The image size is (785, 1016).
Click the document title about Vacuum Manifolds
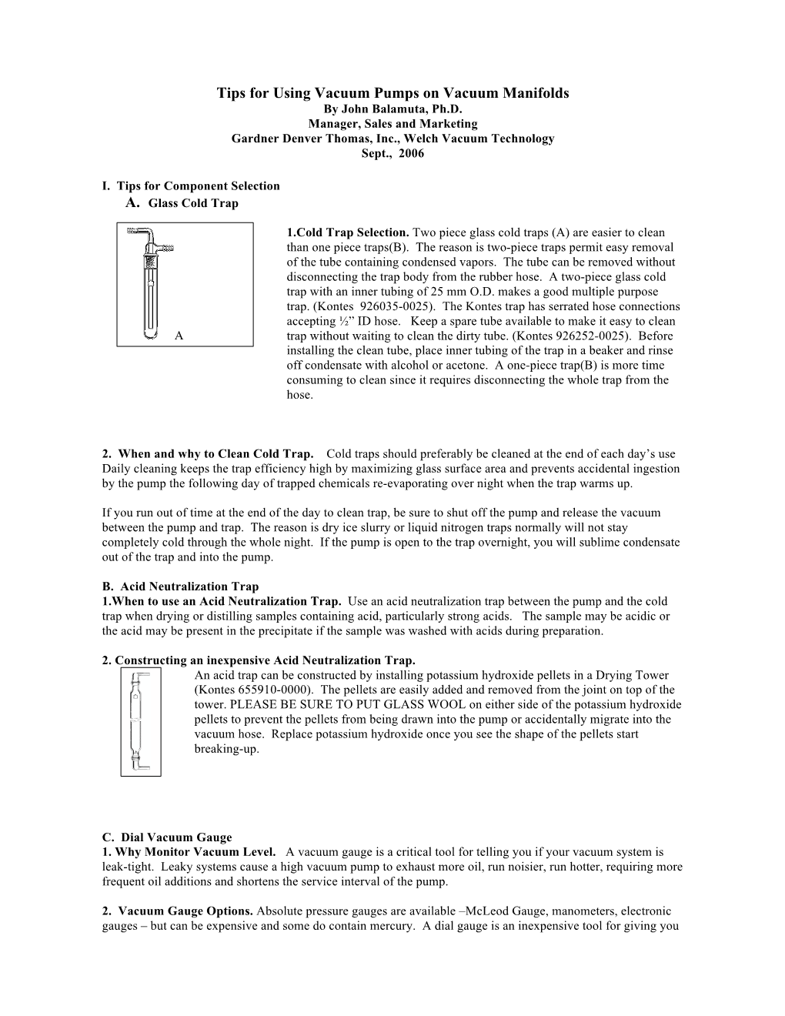392,93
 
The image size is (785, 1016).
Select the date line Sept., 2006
392,153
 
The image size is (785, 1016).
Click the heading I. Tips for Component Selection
191,185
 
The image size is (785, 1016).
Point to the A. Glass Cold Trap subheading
182,203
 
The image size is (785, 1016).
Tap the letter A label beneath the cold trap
179,336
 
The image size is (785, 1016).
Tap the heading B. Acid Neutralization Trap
180,587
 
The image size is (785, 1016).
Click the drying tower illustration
141,722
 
